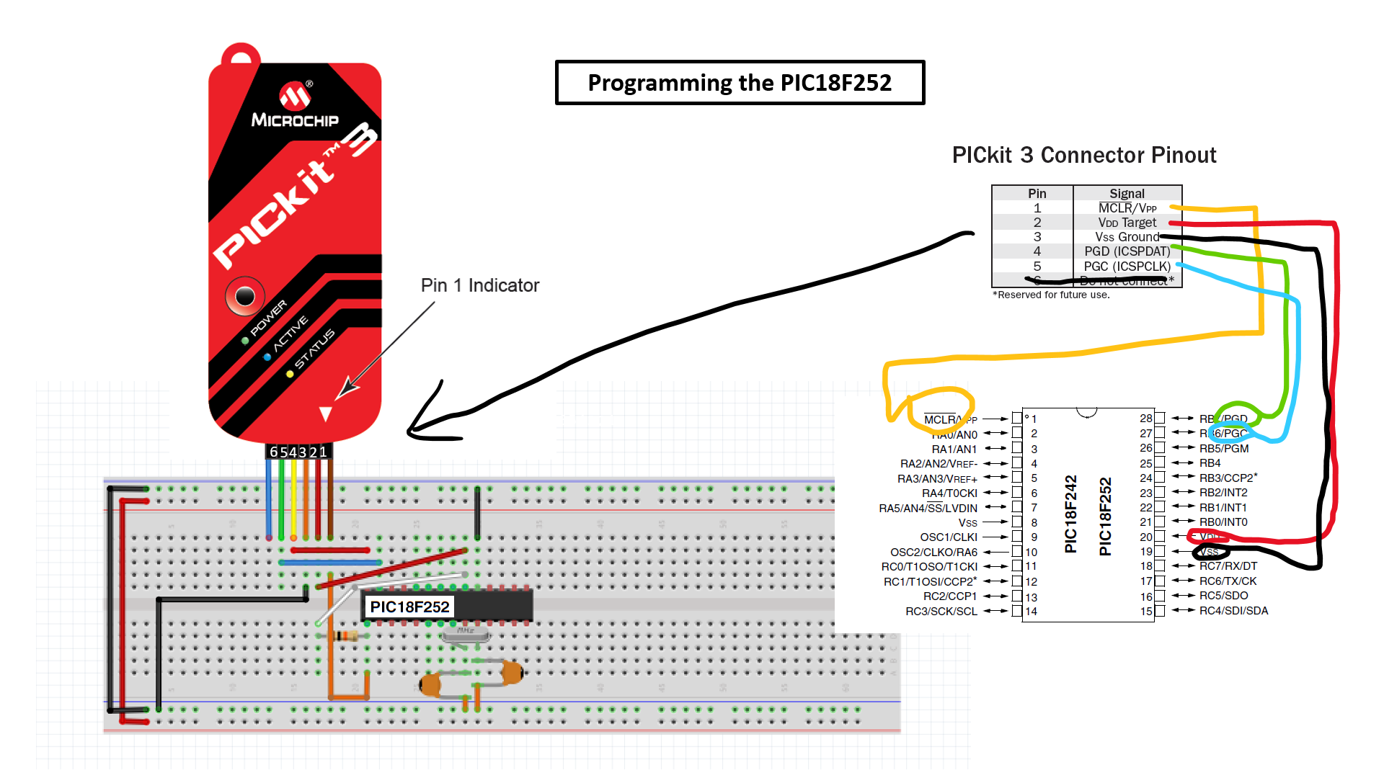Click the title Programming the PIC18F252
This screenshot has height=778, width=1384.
[x=740, y=83]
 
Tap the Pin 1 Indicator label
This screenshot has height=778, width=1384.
[x=480, y=286]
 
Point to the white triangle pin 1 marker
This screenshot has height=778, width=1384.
[x=326, y=414]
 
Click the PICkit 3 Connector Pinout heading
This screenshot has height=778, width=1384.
[x=1083, y=155]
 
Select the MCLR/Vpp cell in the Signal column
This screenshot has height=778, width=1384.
[x=1127, y=208]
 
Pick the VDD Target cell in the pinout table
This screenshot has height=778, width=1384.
[x=1127, y=223]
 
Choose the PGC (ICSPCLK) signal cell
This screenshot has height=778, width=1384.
[x=1127, y=267]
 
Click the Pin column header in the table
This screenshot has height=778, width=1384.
[x=1037, y=193]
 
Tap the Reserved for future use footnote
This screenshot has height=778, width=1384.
[x=1051, y=295]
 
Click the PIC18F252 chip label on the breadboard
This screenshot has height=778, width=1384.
[x=409, y=607]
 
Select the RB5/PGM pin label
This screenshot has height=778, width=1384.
[x=1223, y=448]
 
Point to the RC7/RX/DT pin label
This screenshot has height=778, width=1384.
[x=1228, y=566]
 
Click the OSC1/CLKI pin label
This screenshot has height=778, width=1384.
[x=948, y=537]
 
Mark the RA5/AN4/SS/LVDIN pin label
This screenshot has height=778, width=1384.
[x=928, y=509]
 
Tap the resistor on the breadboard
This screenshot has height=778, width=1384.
[x=347, y=635]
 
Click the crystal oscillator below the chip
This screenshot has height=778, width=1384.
[x=466, y=633]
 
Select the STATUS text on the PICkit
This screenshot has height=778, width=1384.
[x=314, y=349]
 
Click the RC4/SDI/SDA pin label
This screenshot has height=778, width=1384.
[x=1233, y=611]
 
